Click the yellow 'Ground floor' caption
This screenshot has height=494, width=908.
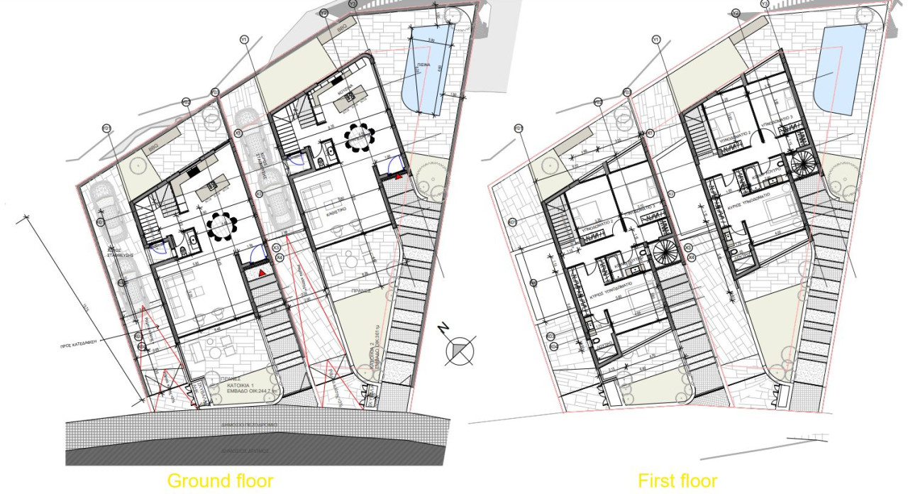220,481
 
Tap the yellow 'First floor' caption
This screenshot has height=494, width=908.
677,481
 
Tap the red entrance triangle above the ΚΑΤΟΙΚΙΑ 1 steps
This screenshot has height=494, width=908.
262,272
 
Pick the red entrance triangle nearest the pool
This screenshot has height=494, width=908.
399,174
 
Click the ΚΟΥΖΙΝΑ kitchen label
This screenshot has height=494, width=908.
345,92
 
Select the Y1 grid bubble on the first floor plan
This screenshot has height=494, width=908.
655,39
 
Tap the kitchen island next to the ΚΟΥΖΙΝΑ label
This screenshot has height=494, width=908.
354,96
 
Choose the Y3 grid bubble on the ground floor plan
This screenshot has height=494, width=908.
353,4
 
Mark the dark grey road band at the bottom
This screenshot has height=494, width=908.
255,450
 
